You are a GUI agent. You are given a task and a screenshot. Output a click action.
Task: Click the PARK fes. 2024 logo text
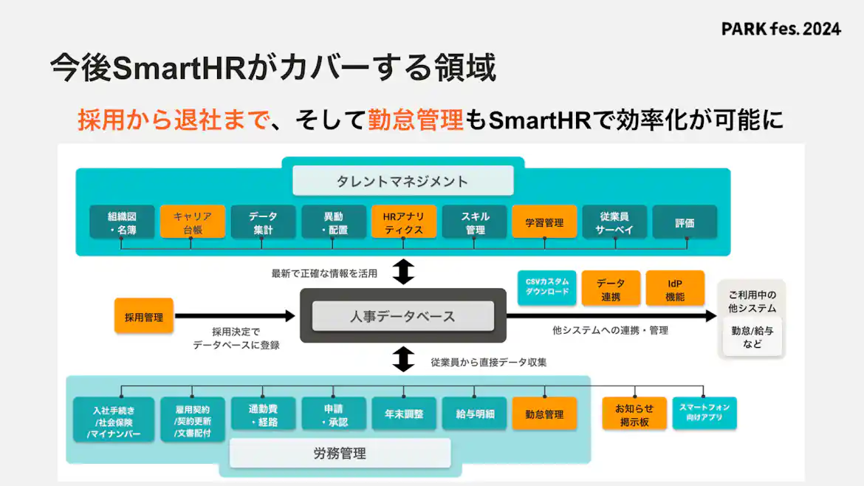tap(781, 30)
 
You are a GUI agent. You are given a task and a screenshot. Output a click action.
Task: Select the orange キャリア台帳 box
tap(192, 222)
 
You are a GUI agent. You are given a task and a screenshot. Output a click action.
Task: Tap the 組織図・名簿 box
tap(122, 222)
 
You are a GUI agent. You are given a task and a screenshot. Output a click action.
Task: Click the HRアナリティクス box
tap(403, 222)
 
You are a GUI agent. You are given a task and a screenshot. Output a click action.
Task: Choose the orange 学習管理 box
tap(544, 222)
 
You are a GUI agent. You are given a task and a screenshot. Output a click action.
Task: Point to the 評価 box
tap(685, 222)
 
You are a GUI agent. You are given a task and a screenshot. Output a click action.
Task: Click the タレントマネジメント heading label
tap(402, 180)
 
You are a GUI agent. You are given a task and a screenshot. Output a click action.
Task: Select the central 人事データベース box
tap(402, 316)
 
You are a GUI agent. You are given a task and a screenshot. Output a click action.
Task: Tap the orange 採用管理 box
tap(143, 317)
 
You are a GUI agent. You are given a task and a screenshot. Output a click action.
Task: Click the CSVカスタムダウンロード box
tap(547, 287)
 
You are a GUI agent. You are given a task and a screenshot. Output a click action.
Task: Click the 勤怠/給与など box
tap(752, 337)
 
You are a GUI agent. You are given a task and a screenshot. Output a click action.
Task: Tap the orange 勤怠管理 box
tap(544, 414)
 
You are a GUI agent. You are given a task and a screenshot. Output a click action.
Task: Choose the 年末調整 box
tap(403, 414)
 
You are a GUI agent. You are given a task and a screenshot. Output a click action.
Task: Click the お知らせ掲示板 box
tap(634, 414)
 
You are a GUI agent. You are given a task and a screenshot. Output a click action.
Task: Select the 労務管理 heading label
tap(340, 454)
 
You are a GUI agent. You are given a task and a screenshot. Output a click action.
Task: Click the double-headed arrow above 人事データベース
tap(403, 271)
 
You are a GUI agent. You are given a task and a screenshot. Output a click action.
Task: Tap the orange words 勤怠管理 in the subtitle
tap(416, 119)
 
